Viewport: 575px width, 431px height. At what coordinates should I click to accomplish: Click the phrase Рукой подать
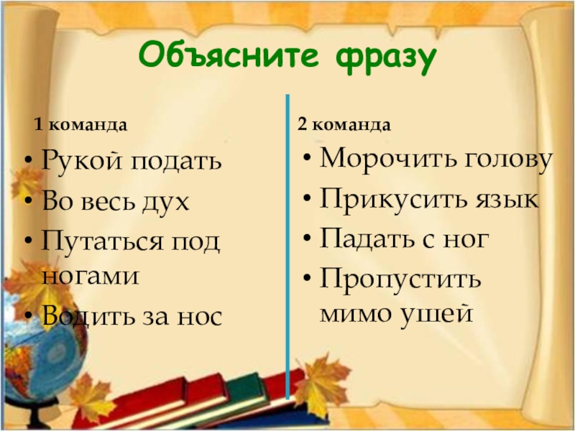point(132,162)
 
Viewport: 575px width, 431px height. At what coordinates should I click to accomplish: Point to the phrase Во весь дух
point(115,202)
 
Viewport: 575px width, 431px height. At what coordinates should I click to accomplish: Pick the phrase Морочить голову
point(436,159)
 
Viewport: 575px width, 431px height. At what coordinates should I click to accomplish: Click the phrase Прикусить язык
point(428,199)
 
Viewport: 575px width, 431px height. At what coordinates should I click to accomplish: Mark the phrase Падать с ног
point(404,238)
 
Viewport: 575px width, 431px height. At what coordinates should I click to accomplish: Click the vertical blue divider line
point(287,244)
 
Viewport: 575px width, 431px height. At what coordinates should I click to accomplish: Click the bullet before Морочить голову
point(307,159)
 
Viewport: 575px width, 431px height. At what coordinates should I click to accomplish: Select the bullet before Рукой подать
point(27,162)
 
